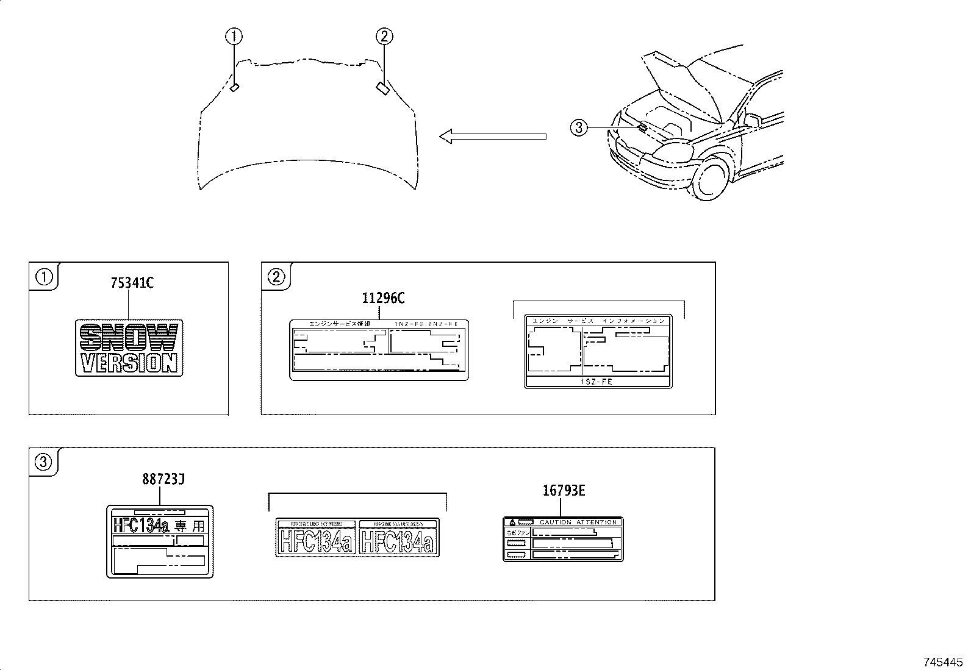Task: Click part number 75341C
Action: (132, 283)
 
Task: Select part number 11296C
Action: (383, 298)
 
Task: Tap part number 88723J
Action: (163, 479)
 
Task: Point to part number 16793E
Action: (564, 490)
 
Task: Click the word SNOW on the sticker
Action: (129, 337)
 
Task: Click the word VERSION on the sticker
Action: (129, 363)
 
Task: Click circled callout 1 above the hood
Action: (234, 37)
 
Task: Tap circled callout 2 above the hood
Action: (384, 37)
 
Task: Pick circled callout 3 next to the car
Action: (578, 127)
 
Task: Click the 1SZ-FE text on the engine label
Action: (598, 382)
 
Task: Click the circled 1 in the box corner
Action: (44, 277)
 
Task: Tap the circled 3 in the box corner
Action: (44, 462)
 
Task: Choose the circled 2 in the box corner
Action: (276, 277)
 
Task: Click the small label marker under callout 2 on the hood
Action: (383, 88)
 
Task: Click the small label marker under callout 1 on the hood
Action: (235, 87)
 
